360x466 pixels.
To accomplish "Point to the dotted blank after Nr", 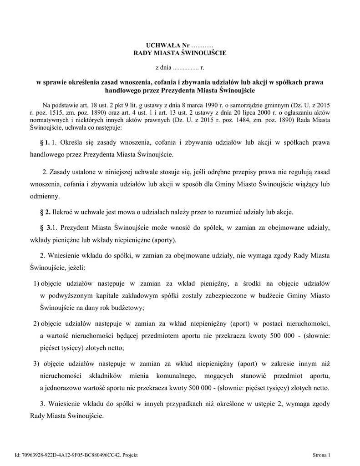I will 202,46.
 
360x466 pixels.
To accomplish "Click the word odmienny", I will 45,197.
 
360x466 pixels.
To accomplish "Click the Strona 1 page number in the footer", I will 322,455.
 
